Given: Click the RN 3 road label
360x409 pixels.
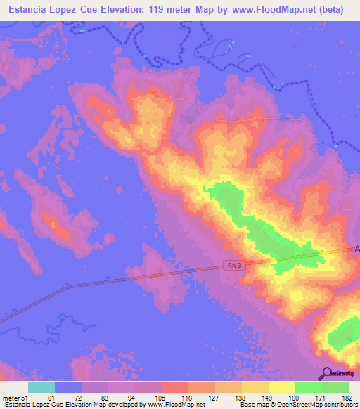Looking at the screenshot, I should (x=234, y=265).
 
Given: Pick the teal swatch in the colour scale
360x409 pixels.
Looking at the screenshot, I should (x=41, y=387).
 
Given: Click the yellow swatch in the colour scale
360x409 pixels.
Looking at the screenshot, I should (x=282, y=387).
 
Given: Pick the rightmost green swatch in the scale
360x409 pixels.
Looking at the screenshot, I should (x=335, y=387).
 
